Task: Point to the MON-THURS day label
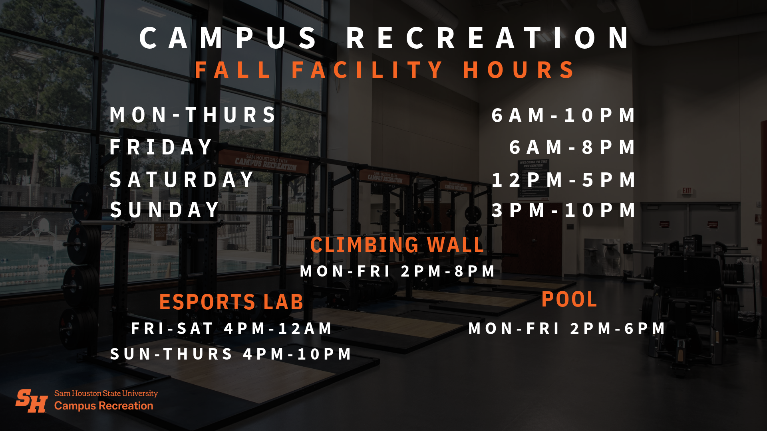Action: point(193,115)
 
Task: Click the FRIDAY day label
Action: point(161,147)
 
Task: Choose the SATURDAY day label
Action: point(182,179)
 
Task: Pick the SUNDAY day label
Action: point(165,210)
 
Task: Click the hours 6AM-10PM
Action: point(563,115)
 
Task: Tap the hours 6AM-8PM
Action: point(572,147)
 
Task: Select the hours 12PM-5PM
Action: point(563,180)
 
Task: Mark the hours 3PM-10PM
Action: point(563,210)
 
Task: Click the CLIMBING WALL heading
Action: point(397,245)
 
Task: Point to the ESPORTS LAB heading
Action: point(231,302)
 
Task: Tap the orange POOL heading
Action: point(569,299)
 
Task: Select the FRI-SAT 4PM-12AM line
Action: point(232,328)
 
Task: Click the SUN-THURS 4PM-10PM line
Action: point(231,354)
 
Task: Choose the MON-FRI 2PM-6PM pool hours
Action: point(566,328)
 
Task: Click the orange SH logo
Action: point(32,401)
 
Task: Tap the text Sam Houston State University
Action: point(106,393)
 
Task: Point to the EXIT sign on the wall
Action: point(687,191)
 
